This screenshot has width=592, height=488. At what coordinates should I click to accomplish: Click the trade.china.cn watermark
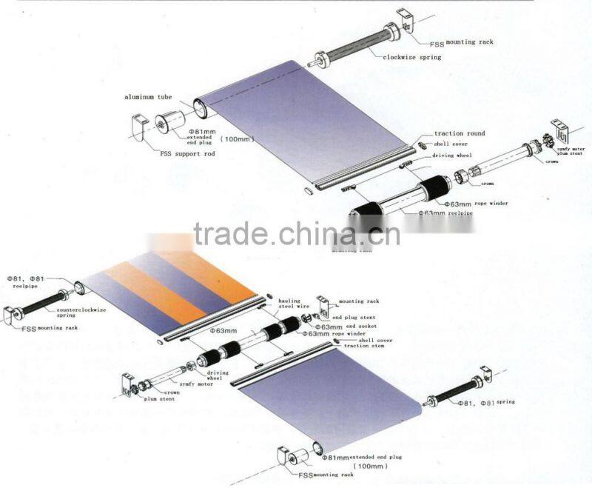point(296,234)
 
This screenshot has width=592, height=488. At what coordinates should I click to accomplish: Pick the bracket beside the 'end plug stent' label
point(323,305)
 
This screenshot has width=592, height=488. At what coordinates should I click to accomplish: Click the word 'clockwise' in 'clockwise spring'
point(400,57)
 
